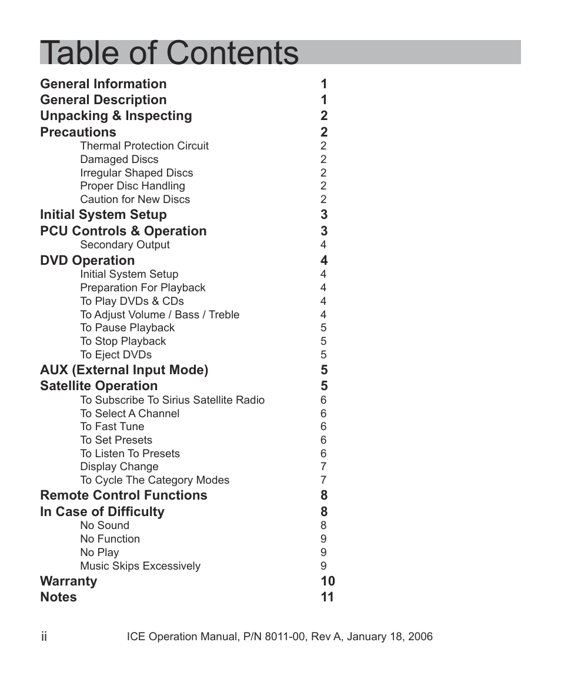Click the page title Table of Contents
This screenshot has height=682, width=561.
click(x=169, y=53)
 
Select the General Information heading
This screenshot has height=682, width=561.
click(x=103, y=84)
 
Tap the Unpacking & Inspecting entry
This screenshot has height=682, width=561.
click(x=116, y=116)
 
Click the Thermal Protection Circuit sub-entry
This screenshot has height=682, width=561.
click(x=144, y=146)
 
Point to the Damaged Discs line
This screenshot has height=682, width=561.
click(x=119, y=159)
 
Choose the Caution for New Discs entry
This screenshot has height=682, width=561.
click(x=135, y=199)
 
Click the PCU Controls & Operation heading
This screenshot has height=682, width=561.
click(x=123, y=231)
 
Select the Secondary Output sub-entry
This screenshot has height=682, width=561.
click(x=125, y=245)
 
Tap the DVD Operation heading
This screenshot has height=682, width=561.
click(x=87, y=261)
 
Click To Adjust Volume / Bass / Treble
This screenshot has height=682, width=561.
click(x=159, y=315)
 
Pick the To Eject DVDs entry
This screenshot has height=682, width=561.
click(x=115, y=355)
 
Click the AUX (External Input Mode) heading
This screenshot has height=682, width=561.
click(x=124, y=370)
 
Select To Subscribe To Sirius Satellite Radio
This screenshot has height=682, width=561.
click(x=172, y=400)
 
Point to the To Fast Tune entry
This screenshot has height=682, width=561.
click(x=112, y=427)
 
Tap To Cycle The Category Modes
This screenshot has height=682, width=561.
click(x=155, y=480)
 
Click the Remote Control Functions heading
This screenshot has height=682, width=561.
click(x=123, y=495)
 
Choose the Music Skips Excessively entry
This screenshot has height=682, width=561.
click(x=140, y=566)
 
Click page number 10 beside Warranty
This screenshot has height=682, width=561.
click(x=328, y=581)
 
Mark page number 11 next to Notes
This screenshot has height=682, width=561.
click(x=328, y=597)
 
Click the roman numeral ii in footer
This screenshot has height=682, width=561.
click(x=44, y=637)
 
